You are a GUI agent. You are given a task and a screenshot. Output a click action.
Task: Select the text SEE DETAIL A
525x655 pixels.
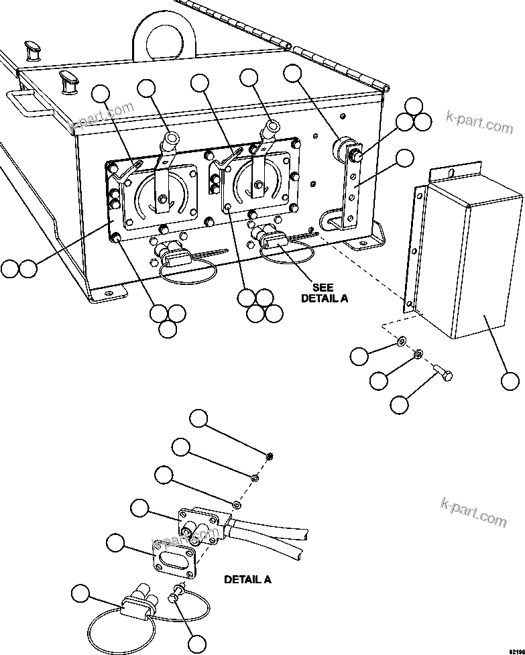tap(324, 292)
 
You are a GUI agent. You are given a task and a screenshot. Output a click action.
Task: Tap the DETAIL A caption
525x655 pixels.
tap(247, 579)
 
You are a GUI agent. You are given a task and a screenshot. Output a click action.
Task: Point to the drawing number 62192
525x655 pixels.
tap(514, 650)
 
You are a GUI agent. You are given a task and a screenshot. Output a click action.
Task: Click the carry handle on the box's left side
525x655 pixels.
tap(26, 101)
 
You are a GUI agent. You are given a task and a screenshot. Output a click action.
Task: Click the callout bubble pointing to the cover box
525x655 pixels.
tap(510, 381)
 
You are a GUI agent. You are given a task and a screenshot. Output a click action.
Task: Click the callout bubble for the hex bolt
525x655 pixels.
tap(400, 404)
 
